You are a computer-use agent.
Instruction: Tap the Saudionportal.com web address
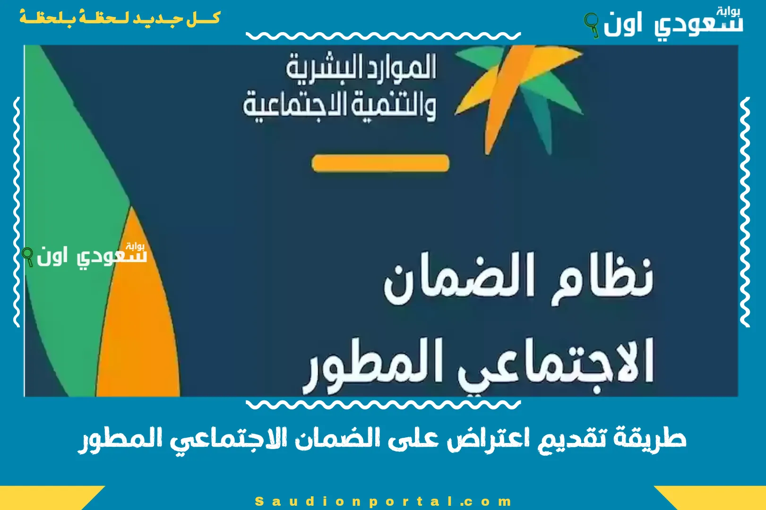(383, 501)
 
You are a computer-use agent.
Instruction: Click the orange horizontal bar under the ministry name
(380, 163)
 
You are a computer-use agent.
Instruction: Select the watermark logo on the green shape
(84, 255)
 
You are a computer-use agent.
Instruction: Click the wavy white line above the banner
(383, 35)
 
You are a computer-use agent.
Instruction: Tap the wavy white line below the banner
(383, 405)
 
